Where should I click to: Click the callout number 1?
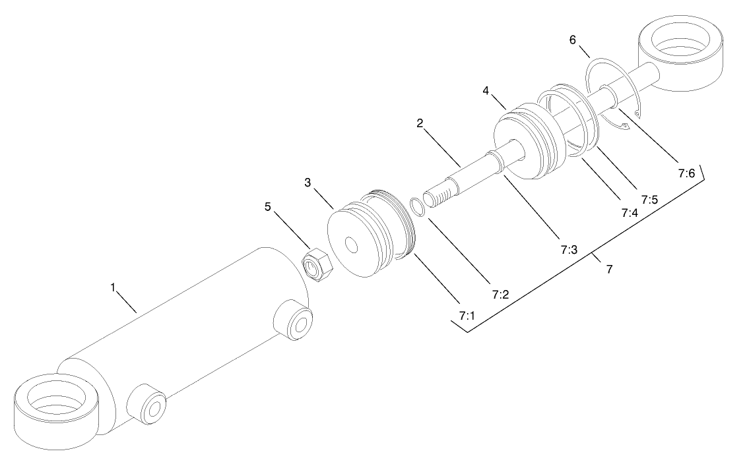click(113, 287)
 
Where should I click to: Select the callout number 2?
click(420, 123)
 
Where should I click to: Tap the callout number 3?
click(308, 183)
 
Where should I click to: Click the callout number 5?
click(268, 206)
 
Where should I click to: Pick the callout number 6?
click(573, 40)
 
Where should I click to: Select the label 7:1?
click(467, 316)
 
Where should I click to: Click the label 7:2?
click(500, 295)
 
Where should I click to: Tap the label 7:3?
click(569, 250)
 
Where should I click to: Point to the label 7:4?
click(629, 213)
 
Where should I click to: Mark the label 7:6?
click(686, 173)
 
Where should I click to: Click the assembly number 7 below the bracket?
click(609, 269)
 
